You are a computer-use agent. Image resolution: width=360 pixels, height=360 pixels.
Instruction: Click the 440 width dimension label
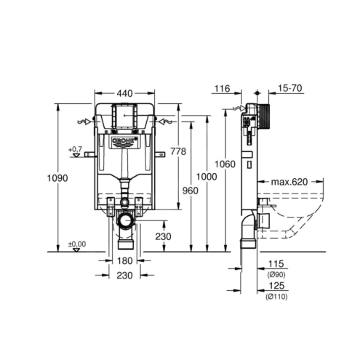click(124, 93)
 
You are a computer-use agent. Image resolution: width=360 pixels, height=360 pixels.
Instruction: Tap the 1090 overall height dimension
click(57, 178)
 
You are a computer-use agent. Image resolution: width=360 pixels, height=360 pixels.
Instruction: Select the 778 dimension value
click(178, 151)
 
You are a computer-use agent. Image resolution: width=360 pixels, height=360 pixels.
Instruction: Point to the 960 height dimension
click(191, 191)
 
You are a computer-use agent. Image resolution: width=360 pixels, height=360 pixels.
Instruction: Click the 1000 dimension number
click(207, 177)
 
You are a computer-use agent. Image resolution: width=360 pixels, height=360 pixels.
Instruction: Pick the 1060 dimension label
click(225, 164)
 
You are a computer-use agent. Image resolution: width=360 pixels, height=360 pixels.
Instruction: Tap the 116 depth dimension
click(222, 89)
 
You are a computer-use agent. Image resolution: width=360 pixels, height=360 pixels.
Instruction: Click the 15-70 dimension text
click(290, 88)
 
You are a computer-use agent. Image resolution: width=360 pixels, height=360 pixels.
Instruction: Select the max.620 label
click(289, 182)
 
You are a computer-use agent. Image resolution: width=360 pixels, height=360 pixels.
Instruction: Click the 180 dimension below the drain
click(125, 261)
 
